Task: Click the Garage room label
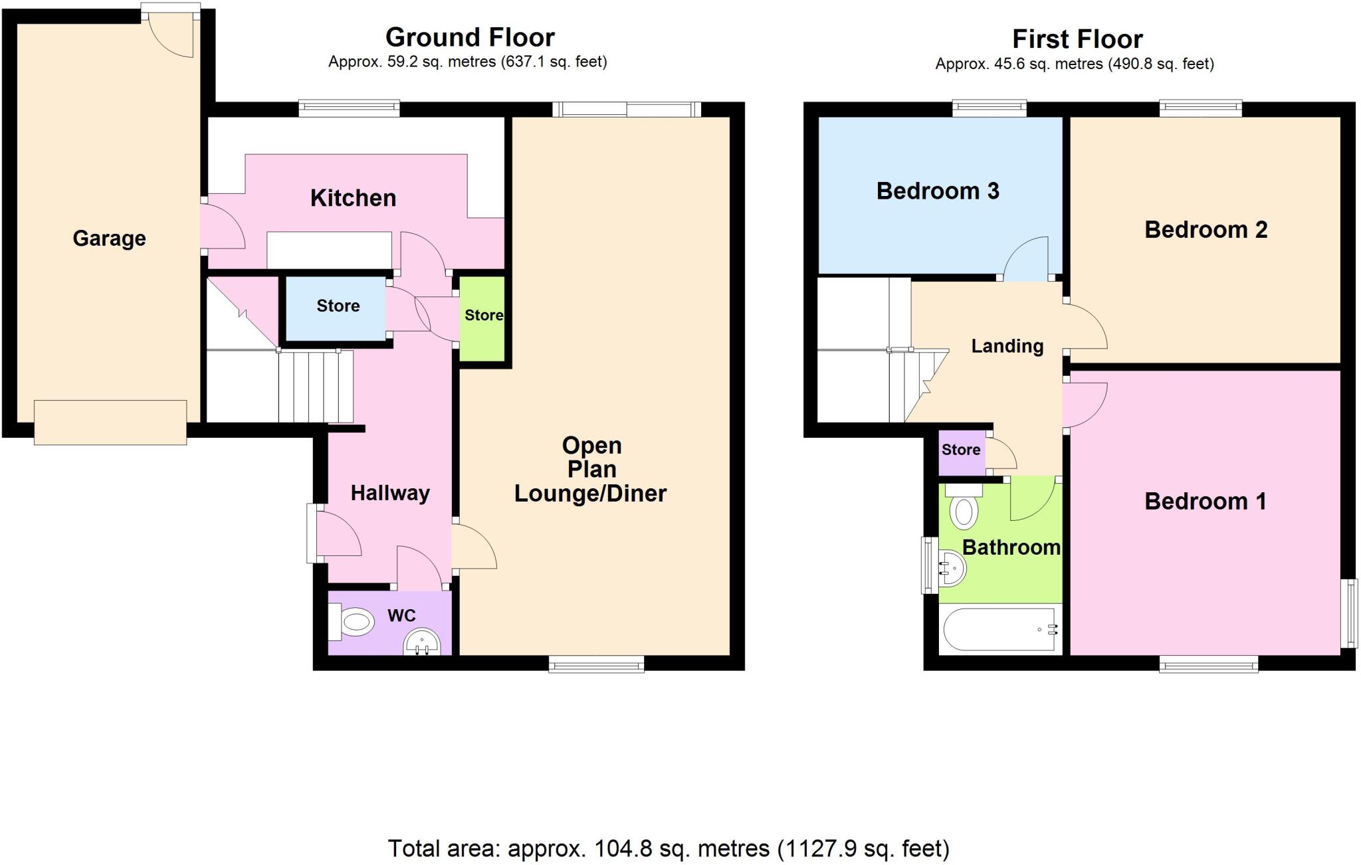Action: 109,239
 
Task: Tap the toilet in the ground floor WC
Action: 352,623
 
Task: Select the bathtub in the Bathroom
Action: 999,628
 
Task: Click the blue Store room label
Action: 338,306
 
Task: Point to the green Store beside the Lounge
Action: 483,316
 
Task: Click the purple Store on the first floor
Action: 960,450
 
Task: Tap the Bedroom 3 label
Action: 937,191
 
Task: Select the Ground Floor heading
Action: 470,37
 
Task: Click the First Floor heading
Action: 1077,39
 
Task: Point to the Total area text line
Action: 668,848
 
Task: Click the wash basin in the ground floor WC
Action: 422,643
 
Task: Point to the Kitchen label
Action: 353,198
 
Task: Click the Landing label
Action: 1007,346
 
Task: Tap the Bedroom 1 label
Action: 1205,502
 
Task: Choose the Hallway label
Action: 390,493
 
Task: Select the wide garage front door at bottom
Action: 110,423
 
